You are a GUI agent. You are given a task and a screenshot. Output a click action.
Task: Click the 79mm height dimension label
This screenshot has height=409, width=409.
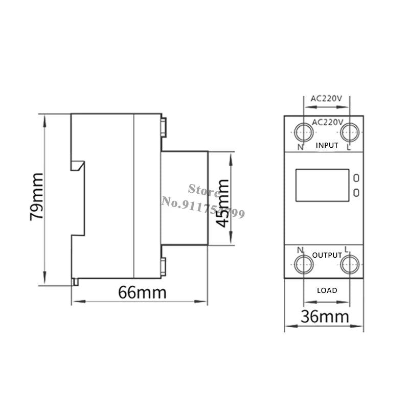[x=37, y=196]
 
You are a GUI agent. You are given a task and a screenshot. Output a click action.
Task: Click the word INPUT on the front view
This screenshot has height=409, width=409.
[x=327, y=145]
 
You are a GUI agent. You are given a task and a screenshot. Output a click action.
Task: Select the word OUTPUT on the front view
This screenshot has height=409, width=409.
[x=327, y=255]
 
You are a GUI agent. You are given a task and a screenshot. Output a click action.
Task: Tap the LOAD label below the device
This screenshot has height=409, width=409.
[x=327, y=290]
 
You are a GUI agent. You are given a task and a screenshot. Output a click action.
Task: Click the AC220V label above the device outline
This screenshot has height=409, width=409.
[x=327, y=100]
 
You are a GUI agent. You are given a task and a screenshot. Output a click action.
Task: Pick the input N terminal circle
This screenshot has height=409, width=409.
[x=303, y=132]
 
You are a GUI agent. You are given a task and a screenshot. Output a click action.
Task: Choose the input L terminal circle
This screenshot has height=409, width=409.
[x=350, y=132]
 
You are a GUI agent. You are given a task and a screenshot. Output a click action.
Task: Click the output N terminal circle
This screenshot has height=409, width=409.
[x=303, y=264]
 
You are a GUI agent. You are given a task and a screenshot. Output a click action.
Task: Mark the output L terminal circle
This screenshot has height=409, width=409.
[x=350, y=264]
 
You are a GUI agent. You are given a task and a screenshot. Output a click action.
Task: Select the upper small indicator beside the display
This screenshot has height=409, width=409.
[x=356, y=178]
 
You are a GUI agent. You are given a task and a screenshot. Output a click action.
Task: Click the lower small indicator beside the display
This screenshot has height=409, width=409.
[x=356, y=192]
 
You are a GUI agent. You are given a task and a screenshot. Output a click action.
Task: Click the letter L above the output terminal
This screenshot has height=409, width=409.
[x=347, y=249]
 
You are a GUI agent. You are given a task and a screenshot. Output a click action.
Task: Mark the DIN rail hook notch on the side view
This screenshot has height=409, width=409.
[x=78, y=167]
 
